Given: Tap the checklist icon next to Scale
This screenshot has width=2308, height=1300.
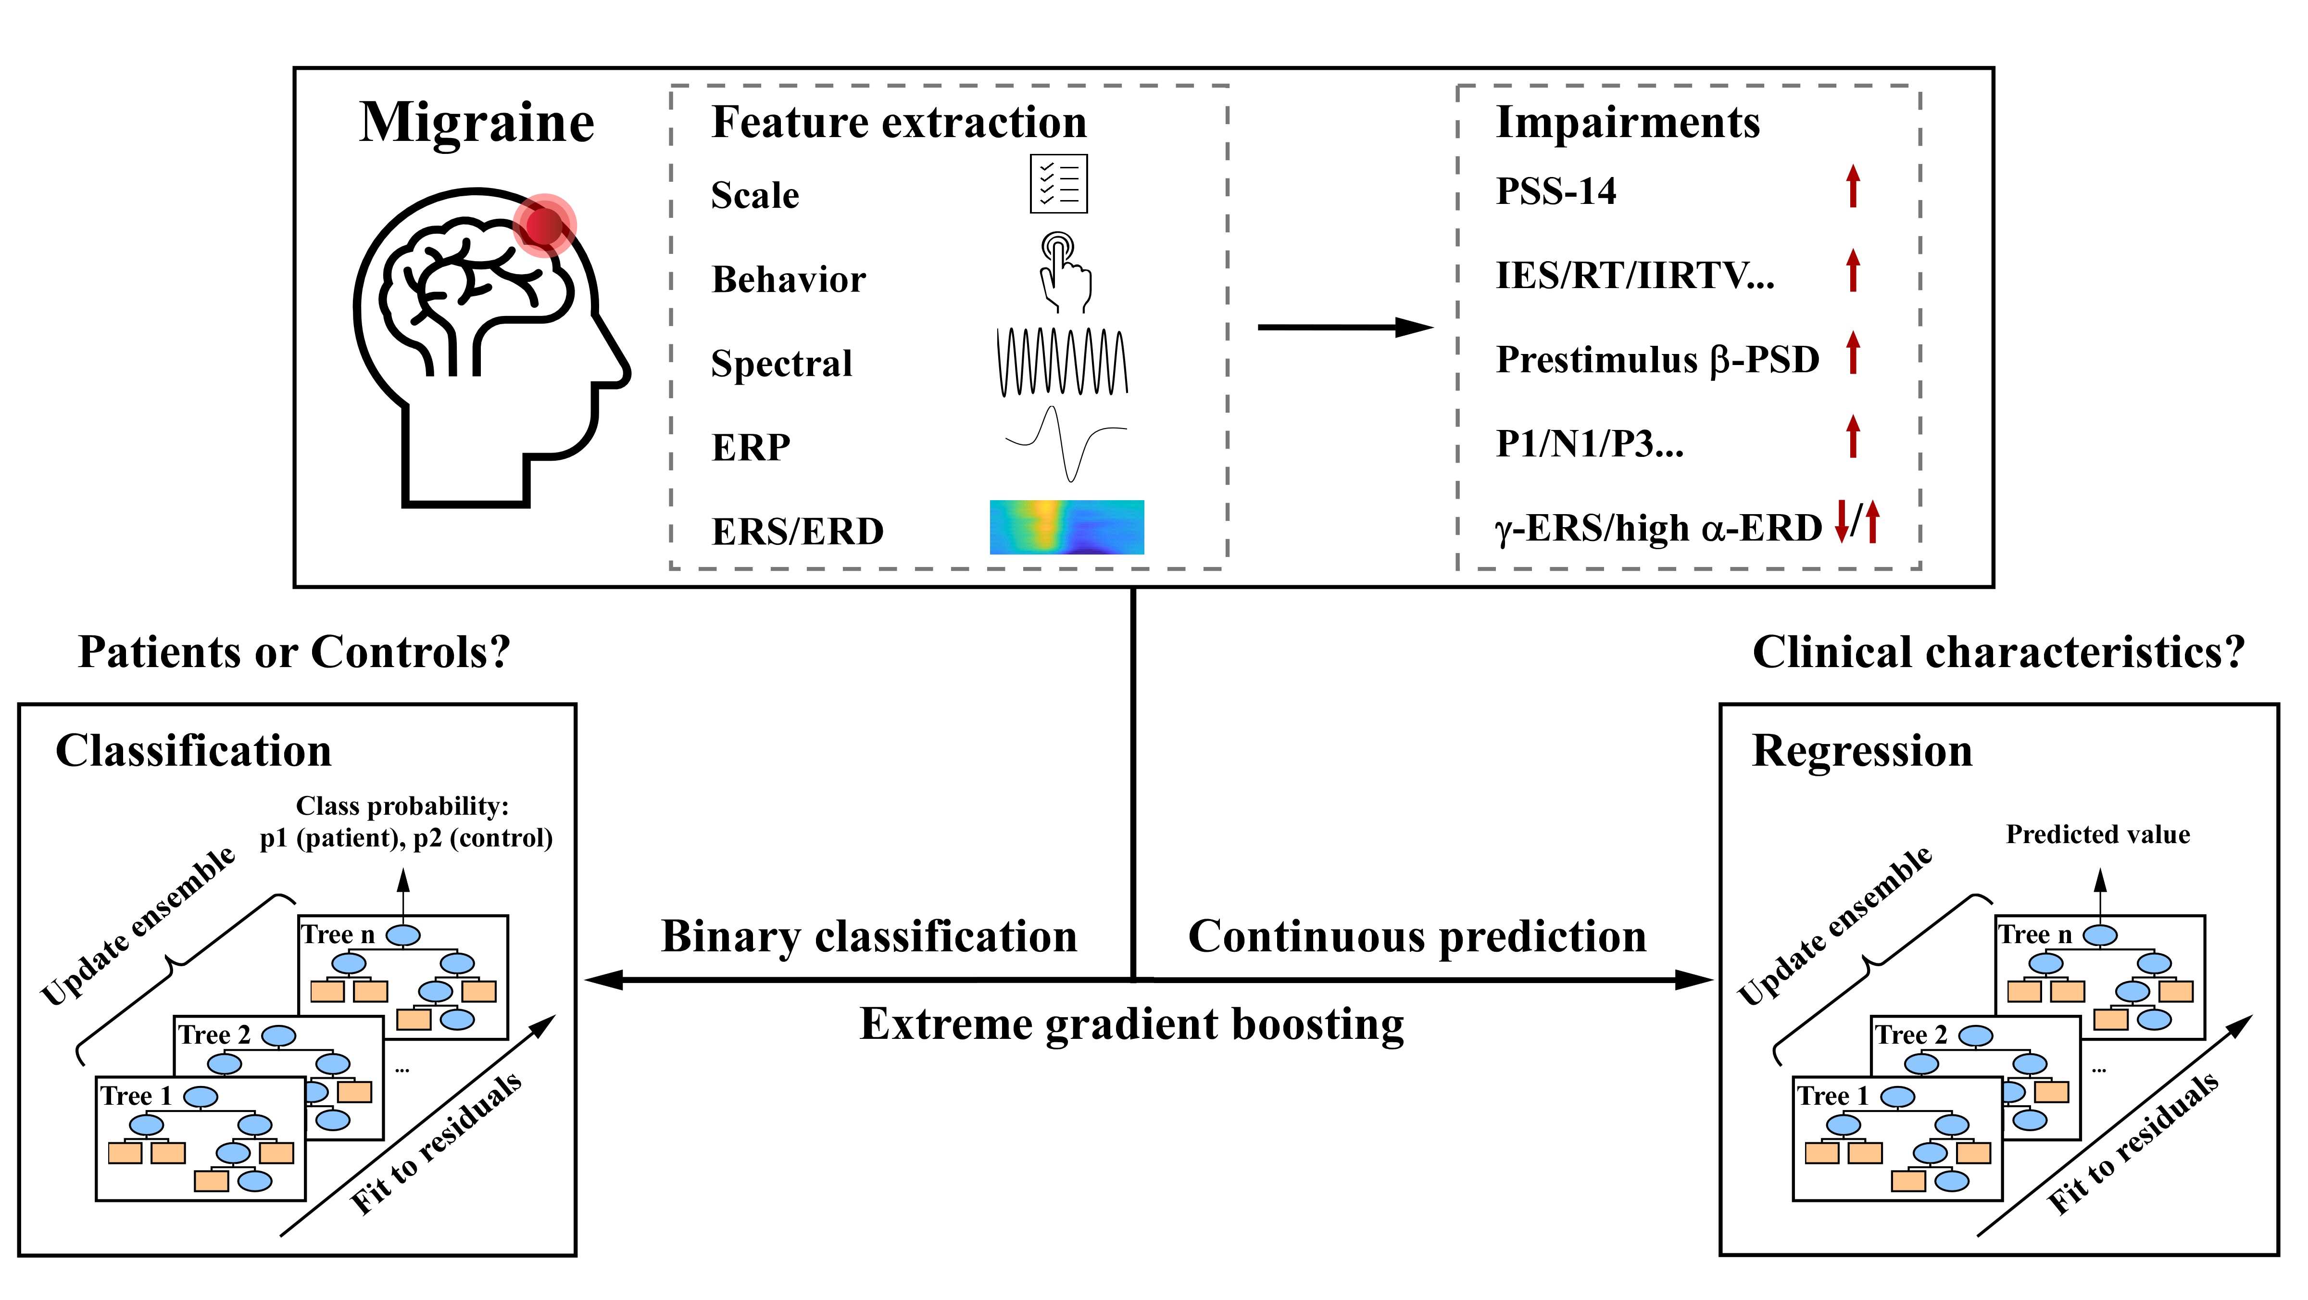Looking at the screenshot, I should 1058,184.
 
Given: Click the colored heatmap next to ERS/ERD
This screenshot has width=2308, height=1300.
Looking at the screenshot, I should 1066,527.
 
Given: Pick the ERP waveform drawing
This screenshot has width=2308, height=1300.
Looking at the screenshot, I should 1066,443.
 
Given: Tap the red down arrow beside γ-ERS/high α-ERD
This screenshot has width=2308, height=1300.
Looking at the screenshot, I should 1841,522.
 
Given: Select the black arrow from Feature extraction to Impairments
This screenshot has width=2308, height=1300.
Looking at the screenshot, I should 1344,328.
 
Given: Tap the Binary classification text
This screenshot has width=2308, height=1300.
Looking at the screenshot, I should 869,936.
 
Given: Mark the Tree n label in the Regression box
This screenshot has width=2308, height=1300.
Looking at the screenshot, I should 2035,934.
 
